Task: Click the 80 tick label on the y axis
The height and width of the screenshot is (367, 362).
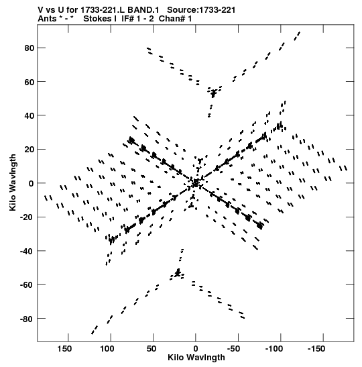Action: coord(29,48)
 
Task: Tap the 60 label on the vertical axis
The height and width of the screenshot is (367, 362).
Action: coord(29,82)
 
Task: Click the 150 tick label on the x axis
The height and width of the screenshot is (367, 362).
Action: coord(64,349)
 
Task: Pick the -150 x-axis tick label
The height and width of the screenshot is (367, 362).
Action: coord(316,349)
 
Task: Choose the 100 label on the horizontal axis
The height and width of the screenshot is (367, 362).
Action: coord(107,349)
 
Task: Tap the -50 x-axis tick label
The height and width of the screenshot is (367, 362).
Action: coord(233,349)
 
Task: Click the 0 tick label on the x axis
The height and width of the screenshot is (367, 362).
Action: coord(196,349)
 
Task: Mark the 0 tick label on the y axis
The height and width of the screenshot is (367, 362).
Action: coord(32,183)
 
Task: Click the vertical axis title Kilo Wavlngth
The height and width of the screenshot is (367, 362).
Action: coord(13,182)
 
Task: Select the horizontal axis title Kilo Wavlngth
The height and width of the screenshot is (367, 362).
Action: coord(196,358)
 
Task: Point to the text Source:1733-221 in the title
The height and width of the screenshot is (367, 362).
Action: coord(201,10)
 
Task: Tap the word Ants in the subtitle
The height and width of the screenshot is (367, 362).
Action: coord(47,19)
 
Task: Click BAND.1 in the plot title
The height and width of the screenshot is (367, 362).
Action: coord(143,10)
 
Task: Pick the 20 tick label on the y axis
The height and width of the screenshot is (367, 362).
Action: coord(29,150)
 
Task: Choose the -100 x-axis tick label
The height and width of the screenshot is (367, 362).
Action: coord(274,349)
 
